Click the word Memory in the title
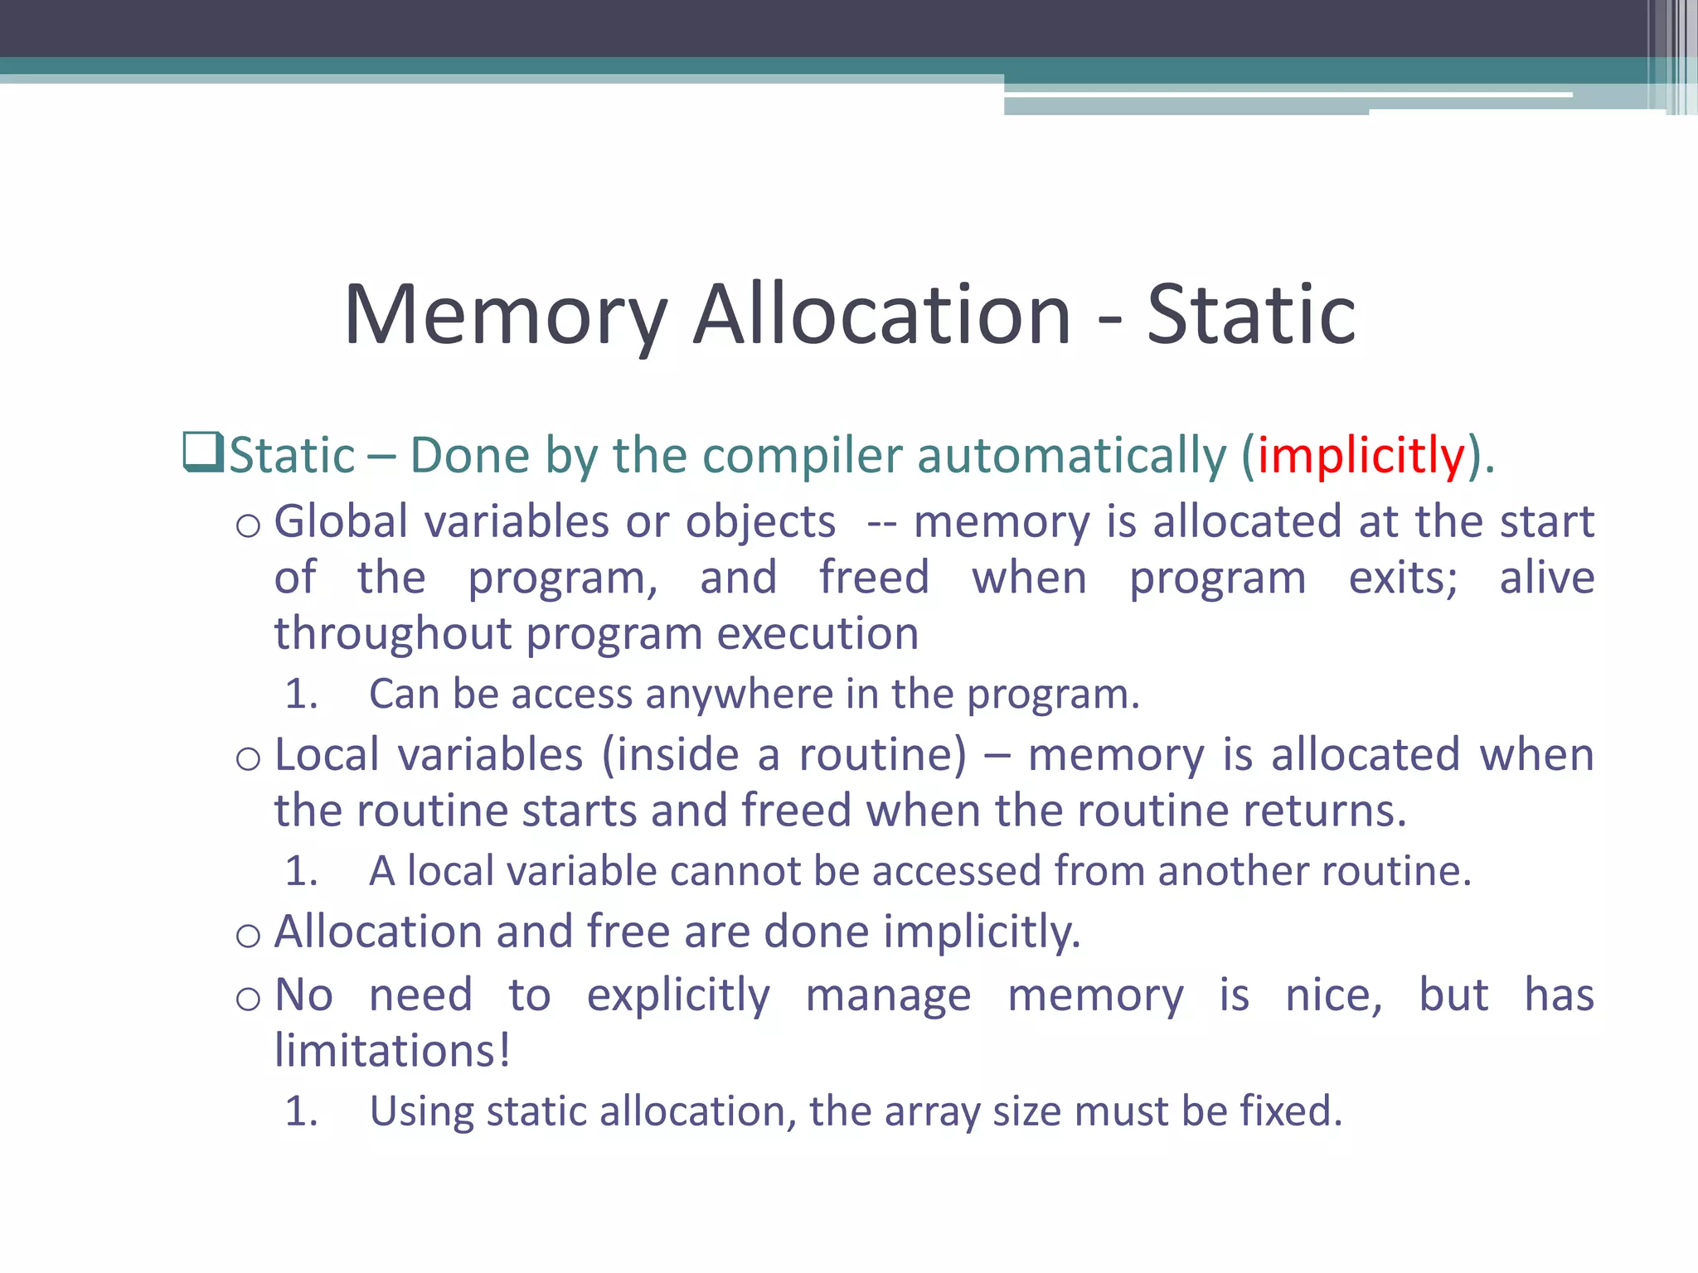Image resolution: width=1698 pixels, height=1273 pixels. [505, 315]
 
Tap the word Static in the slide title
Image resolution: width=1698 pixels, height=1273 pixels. [1250, 315]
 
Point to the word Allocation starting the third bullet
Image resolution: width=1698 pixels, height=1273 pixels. [377, 932]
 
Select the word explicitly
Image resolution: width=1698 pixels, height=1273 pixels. [678, 995]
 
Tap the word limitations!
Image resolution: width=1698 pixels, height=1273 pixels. [392, 1051]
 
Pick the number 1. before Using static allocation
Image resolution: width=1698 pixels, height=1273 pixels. [301, 1111]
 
